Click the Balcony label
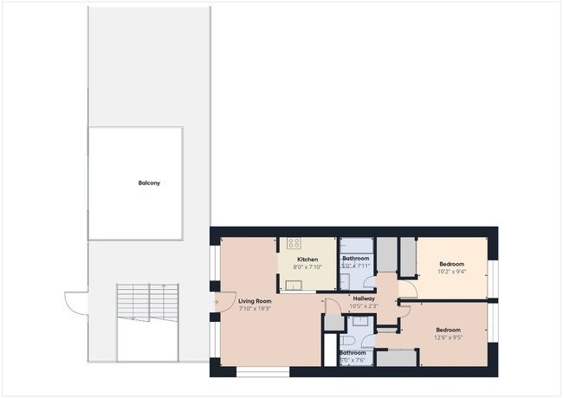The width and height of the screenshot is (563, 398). click(149, 183)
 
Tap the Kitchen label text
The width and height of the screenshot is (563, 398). click(307, 260)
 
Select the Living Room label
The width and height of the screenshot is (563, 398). click(255, 300)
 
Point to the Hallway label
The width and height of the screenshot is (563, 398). click(364, 298)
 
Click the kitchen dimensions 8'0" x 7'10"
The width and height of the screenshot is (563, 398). click(307, 267)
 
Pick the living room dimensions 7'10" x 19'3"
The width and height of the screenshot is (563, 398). click(255, 308)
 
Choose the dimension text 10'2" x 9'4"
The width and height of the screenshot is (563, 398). click(451, 272)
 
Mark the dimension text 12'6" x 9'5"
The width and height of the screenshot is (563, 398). click(448, 337)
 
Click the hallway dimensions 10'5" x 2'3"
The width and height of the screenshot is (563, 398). click(364, 306)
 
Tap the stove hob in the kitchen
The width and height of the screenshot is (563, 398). click(294, 244)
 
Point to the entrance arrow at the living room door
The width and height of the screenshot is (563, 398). click(215, 301)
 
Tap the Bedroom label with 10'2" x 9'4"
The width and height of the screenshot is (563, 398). click(451, 264)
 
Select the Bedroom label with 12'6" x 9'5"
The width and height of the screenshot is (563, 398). click(448, 330)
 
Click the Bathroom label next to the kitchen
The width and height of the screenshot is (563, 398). click(355, 259)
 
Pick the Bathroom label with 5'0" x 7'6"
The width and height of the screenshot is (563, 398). click(352, 353)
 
